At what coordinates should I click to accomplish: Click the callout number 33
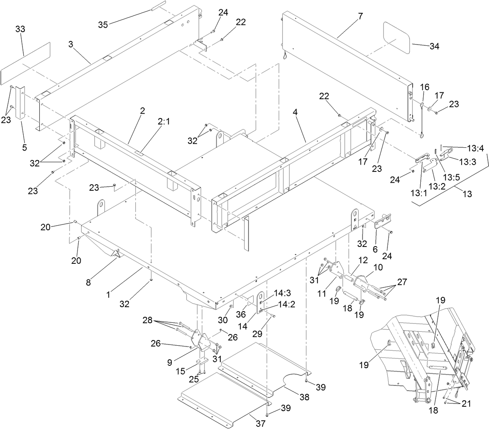tap(20, 29)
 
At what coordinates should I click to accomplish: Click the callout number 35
tap(103, 24)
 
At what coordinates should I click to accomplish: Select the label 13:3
tap(467, 162)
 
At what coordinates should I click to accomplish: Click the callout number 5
tap(24, 147)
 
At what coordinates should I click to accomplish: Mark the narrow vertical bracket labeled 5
tap(20, 102)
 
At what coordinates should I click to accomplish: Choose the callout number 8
tap(88, 282)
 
